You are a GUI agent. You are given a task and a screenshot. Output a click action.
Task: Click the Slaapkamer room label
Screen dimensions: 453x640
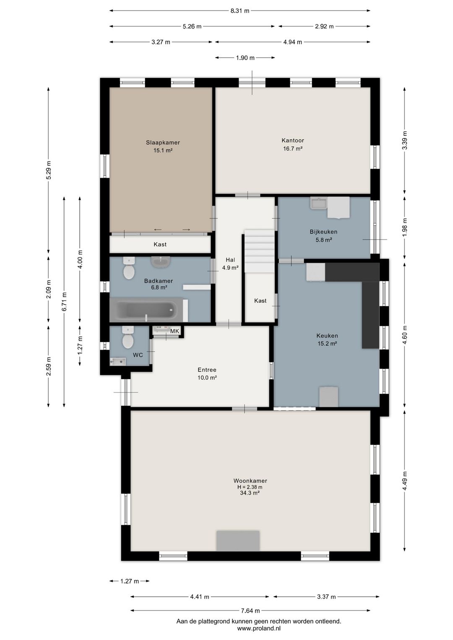pyautogui.click(x=163, y=143)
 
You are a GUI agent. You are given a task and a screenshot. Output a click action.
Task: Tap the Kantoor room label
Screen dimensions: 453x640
pyautogui.click(x=293, y=140)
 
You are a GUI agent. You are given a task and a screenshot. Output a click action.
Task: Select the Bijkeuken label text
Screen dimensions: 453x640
pyautogui.click(x=323, y=232)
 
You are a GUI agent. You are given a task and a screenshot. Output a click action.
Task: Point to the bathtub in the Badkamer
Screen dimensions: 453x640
pyautogui.click(x=146, y=310)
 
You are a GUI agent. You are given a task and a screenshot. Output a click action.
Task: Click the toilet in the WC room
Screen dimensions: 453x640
pyautogui.click(x=128, y=338)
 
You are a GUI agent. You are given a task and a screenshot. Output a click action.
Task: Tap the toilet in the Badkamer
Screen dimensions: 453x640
pyautogui.click(x=129, y=268)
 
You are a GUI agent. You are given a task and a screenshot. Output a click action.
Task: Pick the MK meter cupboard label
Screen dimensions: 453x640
pyautogui.click(x=174, y=331)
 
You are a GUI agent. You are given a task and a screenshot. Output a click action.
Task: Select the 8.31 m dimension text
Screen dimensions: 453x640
pyautogui.click(x=240, y=11)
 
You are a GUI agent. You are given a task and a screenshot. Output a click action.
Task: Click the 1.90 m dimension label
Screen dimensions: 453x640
pyautogui.click(x=245, y=58)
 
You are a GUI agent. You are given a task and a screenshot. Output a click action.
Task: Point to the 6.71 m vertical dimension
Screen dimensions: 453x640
pyautogui.click(x=64, y=302)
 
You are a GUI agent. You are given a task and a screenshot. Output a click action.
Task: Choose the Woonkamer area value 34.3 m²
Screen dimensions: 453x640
pyautogui.click(x=250, y=493)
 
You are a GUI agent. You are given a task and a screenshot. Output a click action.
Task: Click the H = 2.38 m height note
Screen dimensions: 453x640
pyautogui.click(x=250, y=487)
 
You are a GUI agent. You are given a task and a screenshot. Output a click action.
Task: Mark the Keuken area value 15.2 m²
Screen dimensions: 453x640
pyautogui.click(x=327, y=344)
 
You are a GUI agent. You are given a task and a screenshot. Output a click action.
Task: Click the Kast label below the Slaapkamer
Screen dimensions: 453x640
pyautogui.click(x=160, y=244)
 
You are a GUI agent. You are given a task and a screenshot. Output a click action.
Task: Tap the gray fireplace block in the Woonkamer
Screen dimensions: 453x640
pyautogui.click(x=238, y=541)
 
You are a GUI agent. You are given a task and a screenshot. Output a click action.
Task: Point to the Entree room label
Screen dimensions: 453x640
pyautogui.click(x=207, y=370)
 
